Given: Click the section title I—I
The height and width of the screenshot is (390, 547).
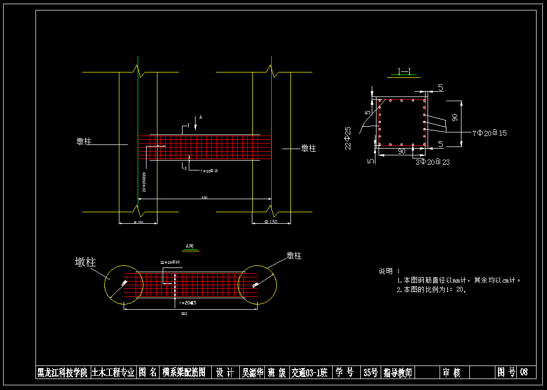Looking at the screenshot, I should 407,72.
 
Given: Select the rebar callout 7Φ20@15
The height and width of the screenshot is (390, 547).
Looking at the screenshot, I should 489,133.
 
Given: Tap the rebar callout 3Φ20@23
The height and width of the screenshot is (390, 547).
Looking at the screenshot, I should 432,162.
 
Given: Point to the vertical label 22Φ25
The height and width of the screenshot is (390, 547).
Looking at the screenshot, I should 348,138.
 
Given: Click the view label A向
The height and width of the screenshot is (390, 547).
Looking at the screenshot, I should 191,246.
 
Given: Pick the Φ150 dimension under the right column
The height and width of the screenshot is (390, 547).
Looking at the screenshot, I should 271,222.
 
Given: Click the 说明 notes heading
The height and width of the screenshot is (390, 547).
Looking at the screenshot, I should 389,271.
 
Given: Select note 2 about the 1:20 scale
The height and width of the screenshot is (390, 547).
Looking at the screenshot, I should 431,289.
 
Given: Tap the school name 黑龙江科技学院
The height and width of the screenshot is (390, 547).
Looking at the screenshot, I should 62,372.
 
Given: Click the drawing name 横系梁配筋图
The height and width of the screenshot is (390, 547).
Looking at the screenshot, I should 184,372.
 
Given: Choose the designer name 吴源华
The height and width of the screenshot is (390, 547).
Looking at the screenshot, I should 252,372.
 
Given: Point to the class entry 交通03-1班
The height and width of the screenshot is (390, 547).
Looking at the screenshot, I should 309,372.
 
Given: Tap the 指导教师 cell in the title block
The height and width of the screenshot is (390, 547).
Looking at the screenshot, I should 398,372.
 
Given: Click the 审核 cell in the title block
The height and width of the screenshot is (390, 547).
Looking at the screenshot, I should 452,372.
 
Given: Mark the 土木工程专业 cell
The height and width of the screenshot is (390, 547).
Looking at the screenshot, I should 113,372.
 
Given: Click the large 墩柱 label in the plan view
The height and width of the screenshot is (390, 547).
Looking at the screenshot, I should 86,262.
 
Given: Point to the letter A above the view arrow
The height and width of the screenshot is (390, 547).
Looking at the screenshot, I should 201,118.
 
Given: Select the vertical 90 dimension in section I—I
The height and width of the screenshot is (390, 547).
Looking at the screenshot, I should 455,118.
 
